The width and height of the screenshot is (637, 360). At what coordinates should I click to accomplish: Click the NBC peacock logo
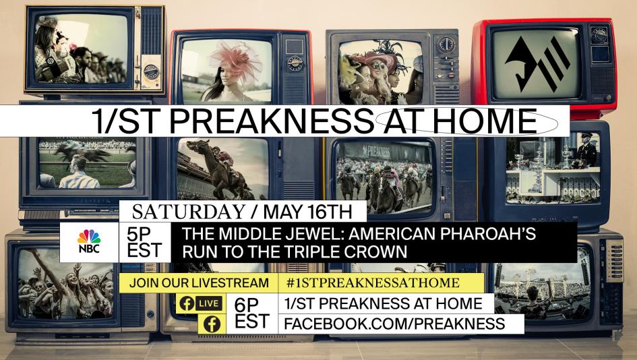coord(89,241)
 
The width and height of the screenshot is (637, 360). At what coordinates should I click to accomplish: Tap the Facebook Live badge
coord(200,303)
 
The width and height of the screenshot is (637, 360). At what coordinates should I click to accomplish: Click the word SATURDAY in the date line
coord(189,212)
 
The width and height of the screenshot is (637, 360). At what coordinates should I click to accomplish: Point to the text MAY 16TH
coord(307,212)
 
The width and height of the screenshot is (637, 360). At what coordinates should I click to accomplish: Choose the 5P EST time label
coord(144,242)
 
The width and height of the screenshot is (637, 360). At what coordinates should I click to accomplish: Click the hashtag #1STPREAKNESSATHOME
coord(373,282)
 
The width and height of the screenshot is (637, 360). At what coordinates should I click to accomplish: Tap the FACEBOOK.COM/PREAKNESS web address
coord(394,324)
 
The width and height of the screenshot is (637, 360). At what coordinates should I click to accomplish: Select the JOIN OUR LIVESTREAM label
coord(199,282)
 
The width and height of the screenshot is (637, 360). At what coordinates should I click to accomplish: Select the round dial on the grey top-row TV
coord(446,44)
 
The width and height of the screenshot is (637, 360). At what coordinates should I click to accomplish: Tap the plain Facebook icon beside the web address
coord(212,324)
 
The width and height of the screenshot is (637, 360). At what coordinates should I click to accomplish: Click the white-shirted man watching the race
coord(80,173)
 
